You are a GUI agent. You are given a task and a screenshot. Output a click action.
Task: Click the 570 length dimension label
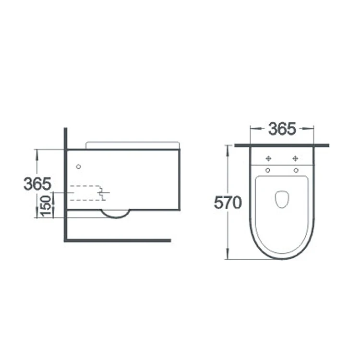(228, 203)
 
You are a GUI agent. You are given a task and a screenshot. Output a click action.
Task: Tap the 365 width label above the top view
(282, 129)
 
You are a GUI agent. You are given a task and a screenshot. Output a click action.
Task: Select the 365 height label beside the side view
(37, 183)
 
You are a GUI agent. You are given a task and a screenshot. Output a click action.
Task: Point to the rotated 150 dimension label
(47, 206)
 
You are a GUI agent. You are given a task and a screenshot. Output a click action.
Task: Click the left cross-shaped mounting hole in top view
(268, 158)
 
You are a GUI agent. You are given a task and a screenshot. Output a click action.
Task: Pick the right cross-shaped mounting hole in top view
(295, 158)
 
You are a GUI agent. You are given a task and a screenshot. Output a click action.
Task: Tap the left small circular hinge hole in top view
(268, 170)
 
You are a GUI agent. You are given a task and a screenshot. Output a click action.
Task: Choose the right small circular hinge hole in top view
(296, 170)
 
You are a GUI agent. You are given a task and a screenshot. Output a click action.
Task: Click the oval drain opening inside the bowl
(282, 199)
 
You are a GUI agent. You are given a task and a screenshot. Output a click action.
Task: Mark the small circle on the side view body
(79, 167)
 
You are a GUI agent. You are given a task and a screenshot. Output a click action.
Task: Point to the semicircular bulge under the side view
(116, 214)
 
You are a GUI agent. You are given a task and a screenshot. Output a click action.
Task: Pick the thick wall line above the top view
(282, 145)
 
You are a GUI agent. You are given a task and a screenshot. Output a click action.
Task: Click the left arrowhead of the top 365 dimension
(252, 129)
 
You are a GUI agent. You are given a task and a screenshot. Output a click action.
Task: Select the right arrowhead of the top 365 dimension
(312, 129)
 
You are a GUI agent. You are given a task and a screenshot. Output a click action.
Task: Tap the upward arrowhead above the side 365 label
(36, 152)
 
